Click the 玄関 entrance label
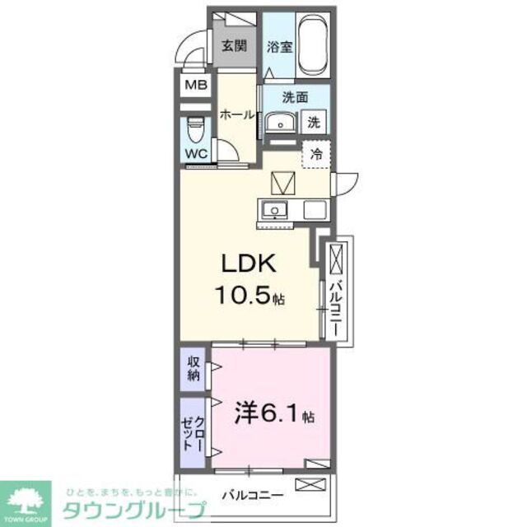pyautogui.click(x=232, y=46)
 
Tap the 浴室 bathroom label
pyautogui.click(x=280, y=47)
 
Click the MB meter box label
pyautogui.click(x=195, y=85)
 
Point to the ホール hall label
pyautogui.click(x=236, y=115)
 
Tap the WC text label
pyautogui.click(x=195, y=152)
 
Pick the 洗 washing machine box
pyautogui.click(x=315, y=122)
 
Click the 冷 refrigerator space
pyautogui.click(x=316, y=153)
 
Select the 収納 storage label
pyautogui.click(x=194, y=368)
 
